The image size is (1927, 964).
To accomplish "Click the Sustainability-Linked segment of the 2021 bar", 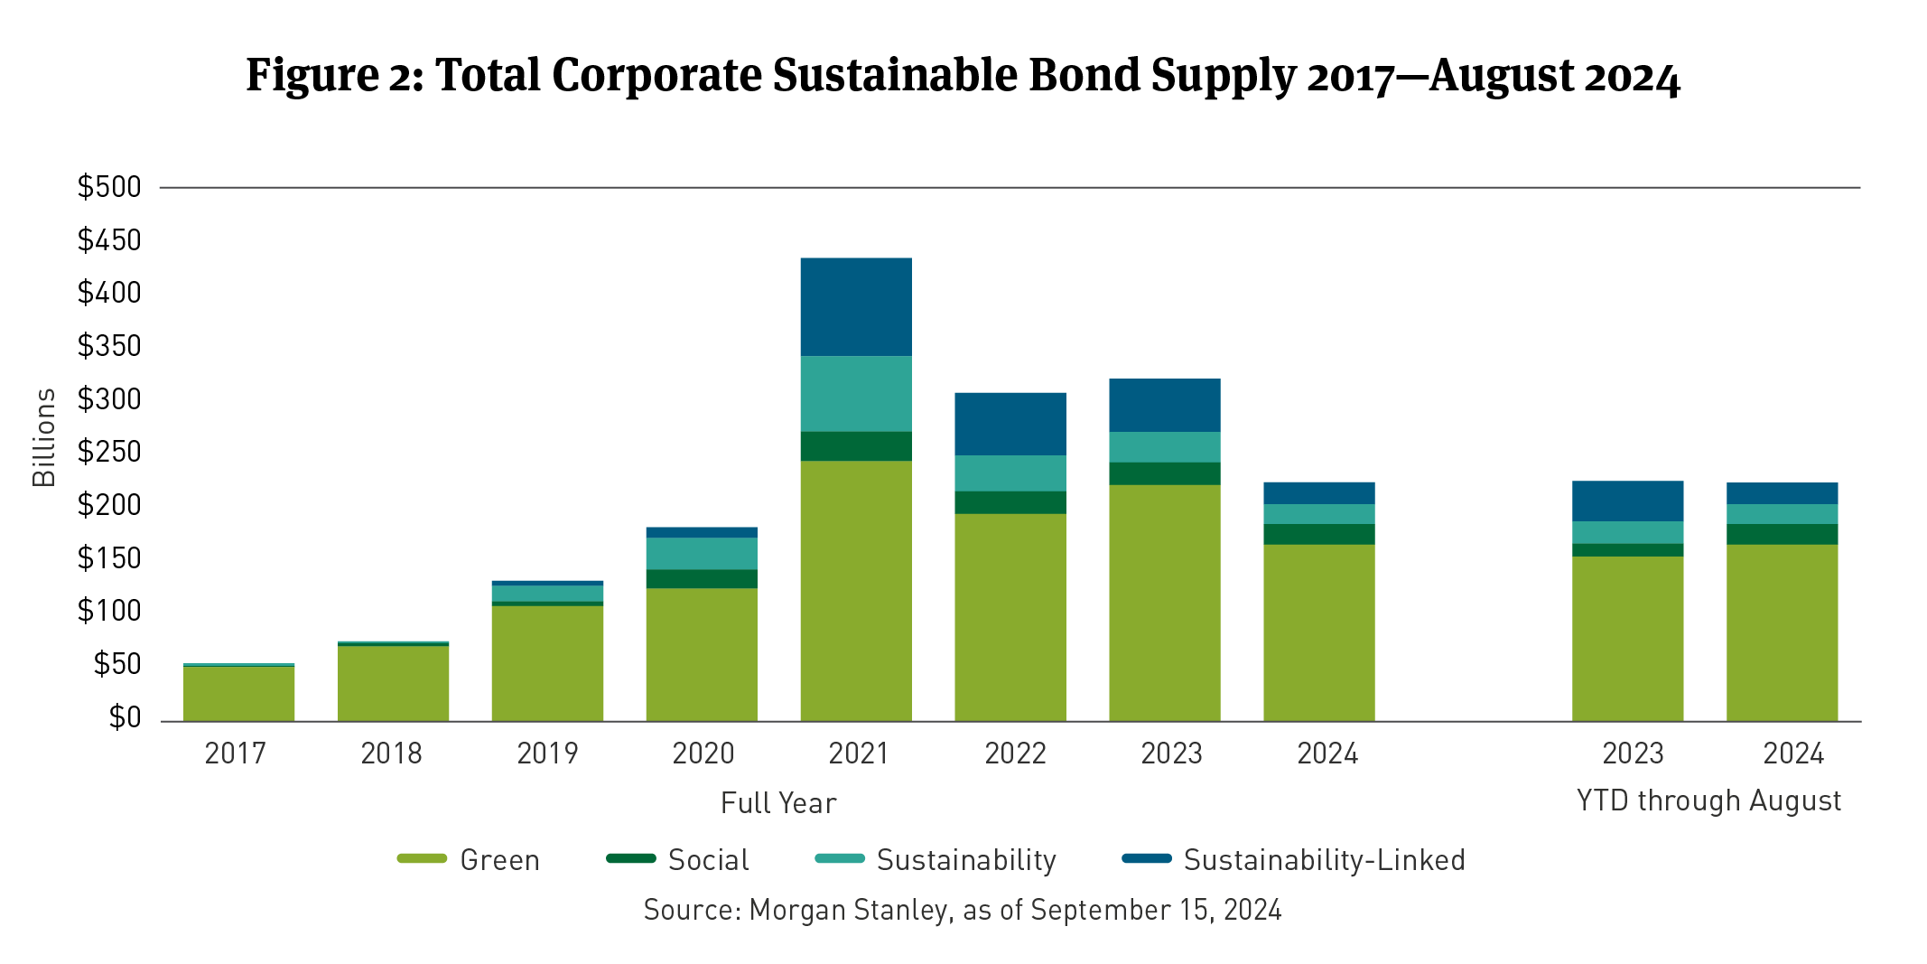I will point(856,307).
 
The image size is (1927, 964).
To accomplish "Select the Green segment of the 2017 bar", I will point(239,693).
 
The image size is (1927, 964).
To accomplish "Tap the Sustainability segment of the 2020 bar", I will point(702,553).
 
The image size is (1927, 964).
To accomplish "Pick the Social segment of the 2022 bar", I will point(1010,502).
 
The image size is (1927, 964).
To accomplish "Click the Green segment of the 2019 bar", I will point(547,662).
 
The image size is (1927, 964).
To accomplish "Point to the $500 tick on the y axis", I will point(109,187).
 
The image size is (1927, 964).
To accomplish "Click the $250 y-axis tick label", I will point(109,452).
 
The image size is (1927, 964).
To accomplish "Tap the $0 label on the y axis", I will point(125,717).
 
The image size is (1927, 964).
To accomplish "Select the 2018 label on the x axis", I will point(391,753).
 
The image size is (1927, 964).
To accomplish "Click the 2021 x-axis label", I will point(859,753).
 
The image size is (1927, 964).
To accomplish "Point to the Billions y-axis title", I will point(44,438).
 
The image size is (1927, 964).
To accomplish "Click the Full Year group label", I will point(778,803).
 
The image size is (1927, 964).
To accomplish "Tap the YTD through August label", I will point(1708,801).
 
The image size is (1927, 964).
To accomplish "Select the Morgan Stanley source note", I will point(963,910).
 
